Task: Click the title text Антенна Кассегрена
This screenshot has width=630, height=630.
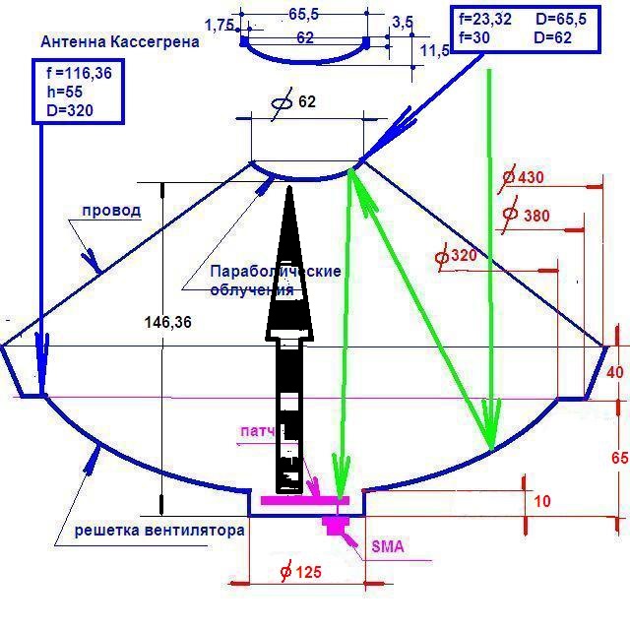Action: click(x=120, y=42)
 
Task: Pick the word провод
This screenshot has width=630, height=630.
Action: click(x=111, y=210)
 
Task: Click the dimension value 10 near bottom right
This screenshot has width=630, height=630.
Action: click(x=541, y=501)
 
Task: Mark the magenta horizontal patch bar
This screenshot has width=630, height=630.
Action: click(x=304, y=500)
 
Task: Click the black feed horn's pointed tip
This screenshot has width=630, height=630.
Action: click(x=290, y=187)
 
